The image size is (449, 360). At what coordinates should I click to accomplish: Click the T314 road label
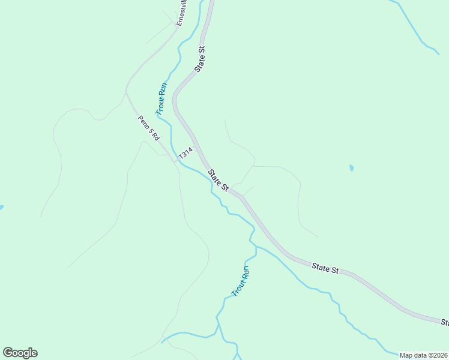pyautogui.click(x=185, y=153)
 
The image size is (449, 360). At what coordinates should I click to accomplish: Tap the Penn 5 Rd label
pyautogui.click(x=148, y=127)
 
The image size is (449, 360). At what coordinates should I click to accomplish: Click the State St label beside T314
pyautogui.click(x=218, y=181)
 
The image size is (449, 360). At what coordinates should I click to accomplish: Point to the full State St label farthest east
pyautogui.click(x=325, y=268)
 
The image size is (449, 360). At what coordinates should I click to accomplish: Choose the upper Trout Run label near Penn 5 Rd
pyautogui.click(x=161, y=98)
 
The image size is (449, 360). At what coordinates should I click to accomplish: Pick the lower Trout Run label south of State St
pyautogui.click(x=240, y=281)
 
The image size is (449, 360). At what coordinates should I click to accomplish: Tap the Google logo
pyautogui.click(x=20, y=353)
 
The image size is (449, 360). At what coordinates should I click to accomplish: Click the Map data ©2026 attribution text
pyautogui.click(x=423, y=355)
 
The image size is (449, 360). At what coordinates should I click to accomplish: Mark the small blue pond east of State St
pyautogui.click(x=351, y=169)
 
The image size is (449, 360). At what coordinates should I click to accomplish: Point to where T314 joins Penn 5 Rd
pyautogui.click(x=175, y=161)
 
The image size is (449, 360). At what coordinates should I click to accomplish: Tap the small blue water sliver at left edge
pyautogui.click(x=1, y=208)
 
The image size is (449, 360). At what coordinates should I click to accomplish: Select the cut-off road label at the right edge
pyautogui.click(x=445, y=323)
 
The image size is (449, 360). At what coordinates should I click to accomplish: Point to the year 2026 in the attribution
pyautogui.click(x=439, y=355)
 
